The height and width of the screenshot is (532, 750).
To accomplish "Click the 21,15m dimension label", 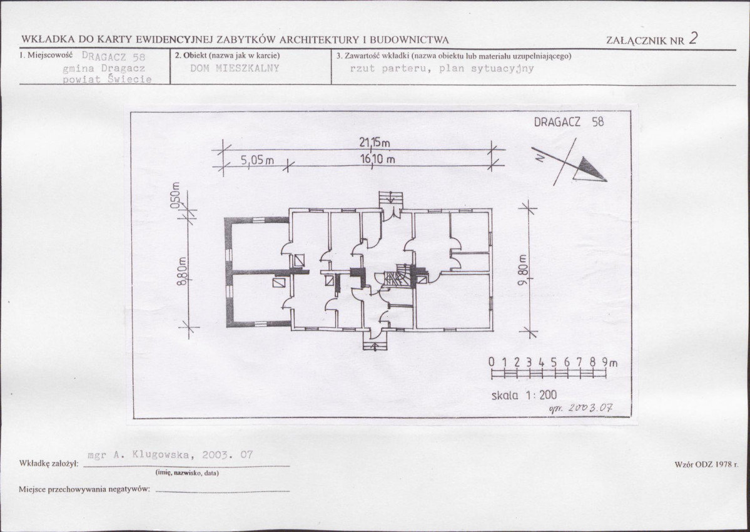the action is coord(375,142).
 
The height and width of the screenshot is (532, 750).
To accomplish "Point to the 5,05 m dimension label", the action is coord(257,160).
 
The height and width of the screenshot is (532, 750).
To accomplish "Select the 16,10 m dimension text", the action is coord(378,159).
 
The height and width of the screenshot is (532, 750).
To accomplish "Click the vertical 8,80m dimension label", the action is coord(181,272).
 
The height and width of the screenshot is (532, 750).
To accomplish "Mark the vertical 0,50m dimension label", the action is coord(175,195).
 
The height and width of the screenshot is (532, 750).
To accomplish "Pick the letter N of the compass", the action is coord(540,157).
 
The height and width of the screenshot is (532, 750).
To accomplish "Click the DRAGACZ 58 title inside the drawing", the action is coord(569,122).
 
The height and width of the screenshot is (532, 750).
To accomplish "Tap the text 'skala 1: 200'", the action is coord(524,395).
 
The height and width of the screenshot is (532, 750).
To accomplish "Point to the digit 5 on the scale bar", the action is coord(554,362).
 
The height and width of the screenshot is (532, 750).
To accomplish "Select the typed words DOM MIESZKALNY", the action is coord(235,68).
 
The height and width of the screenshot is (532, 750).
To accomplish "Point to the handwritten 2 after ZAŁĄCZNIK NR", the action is coord(693,38).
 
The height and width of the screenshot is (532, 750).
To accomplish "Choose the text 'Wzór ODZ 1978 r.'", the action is coord(706,464).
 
